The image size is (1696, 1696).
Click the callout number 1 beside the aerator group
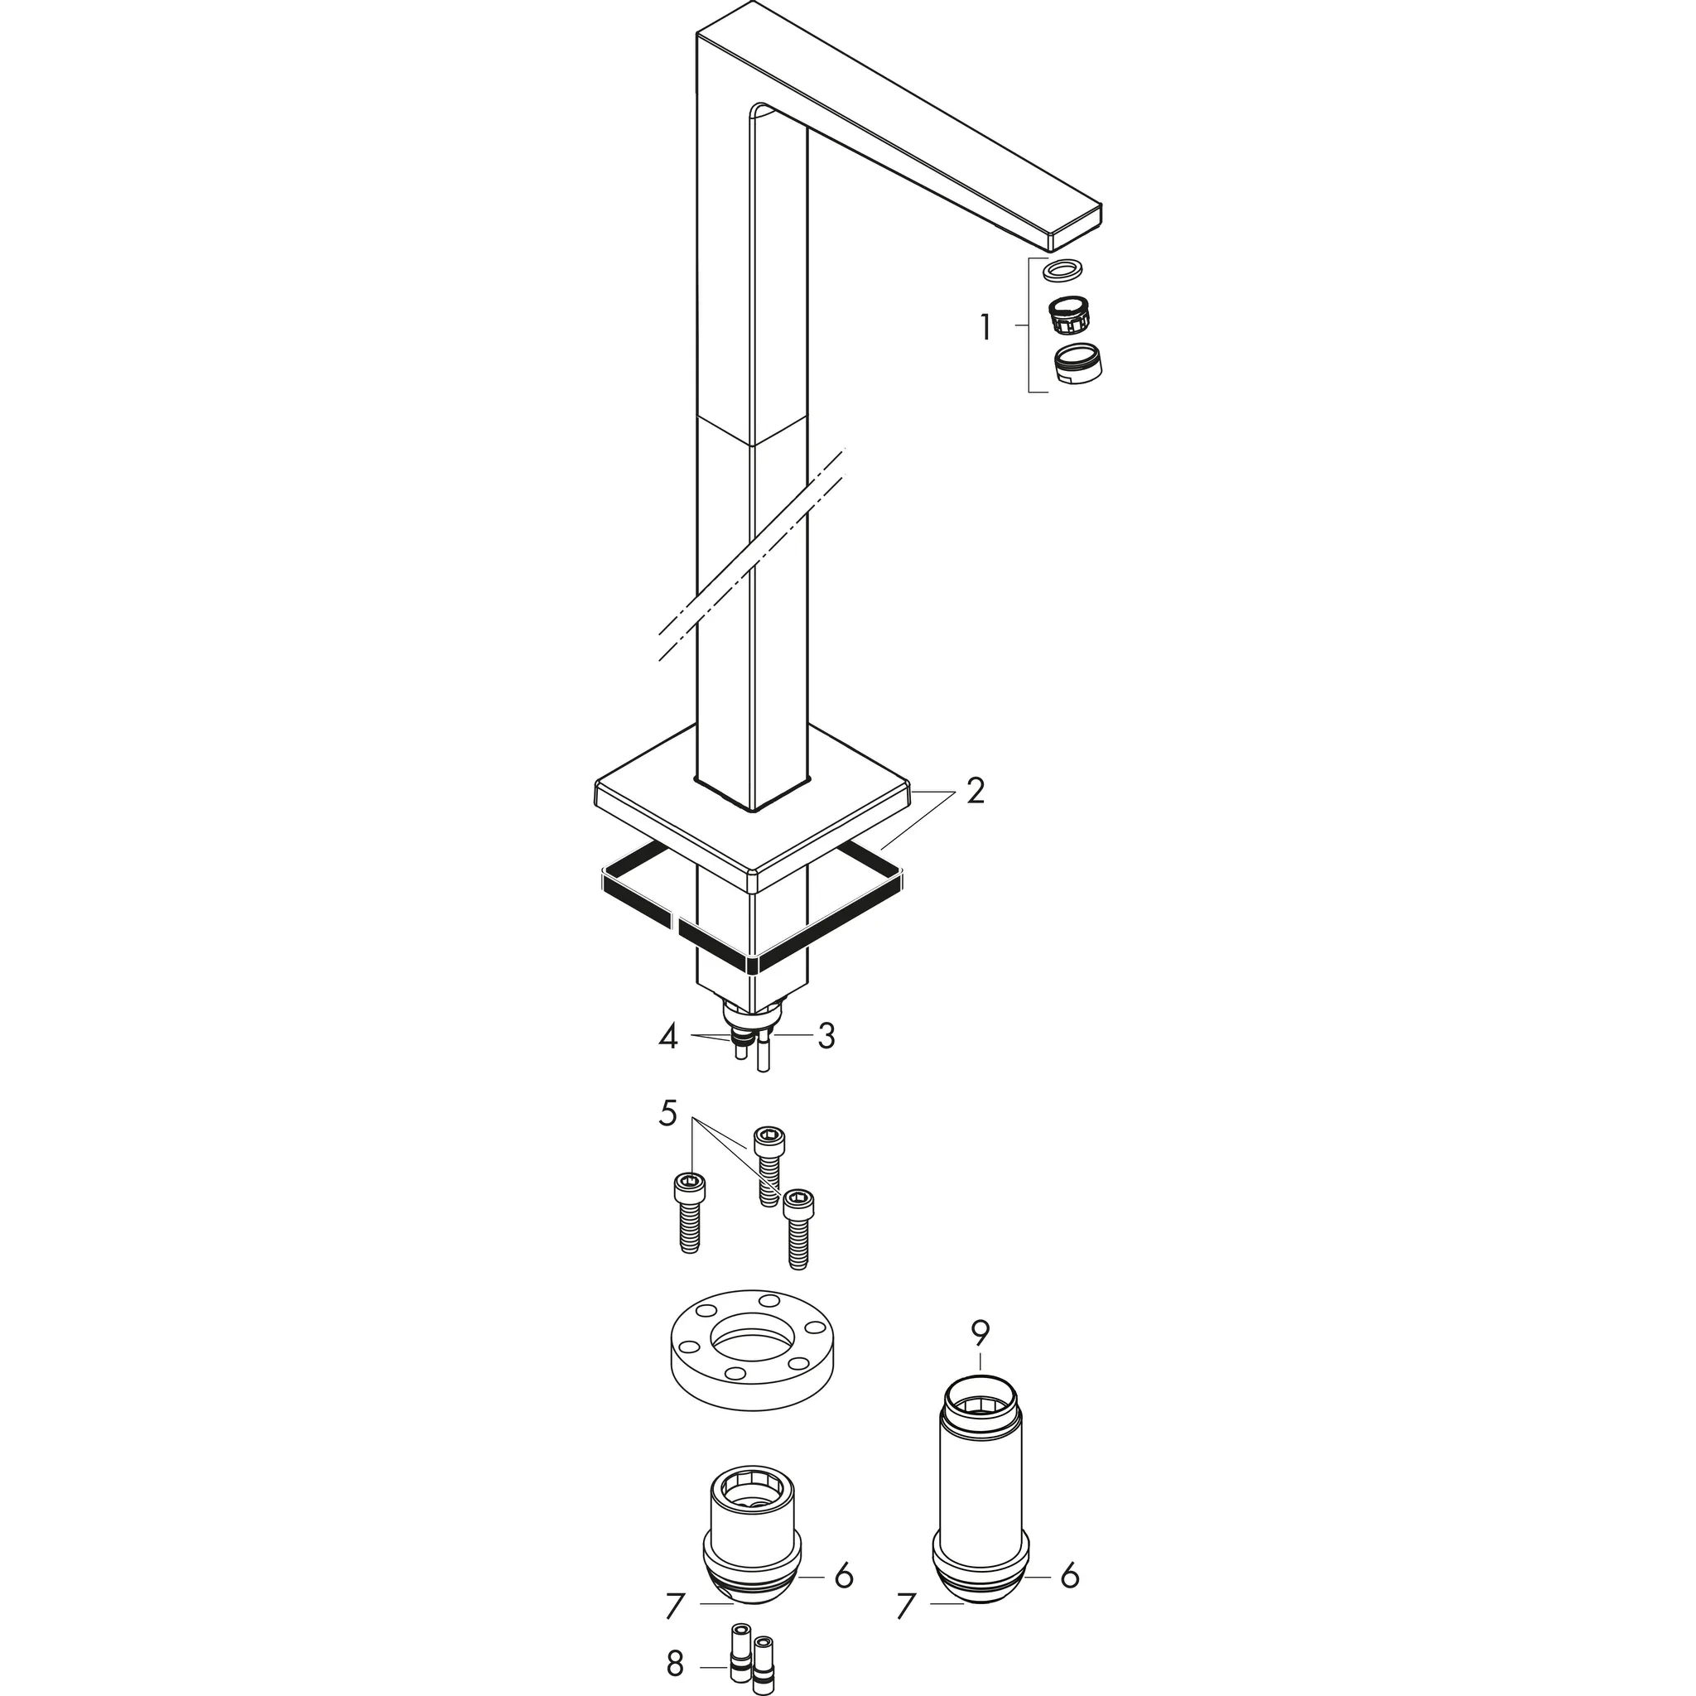[985, 328]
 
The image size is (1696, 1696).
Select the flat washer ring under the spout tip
[1062, 269]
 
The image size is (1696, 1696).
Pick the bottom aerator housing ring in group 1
[1079, 363]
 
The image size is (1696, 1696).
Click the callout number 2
[976, 791]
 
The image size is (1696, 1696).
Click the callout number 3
[825, 1037]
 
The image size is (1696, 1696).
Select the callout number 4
[669, 1037]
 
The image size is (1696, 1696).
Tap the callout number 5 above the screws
[668, 1113]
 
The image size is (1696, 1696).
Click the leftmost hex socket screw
[689, 1212]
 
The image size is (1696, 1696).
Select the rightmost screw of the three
[798, 1227]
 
